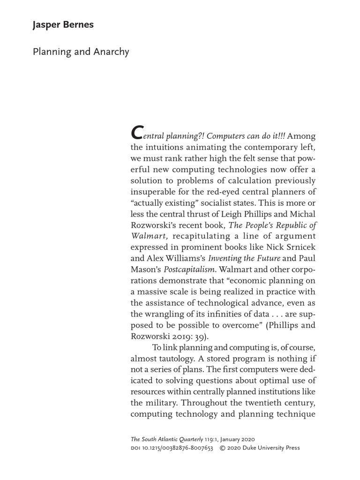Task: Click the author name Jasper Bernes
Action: click(x=63, y=25)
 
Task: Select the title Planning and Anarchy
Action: click(x=81, y=52)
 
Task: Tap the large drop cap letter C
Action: click(x=136, y=133)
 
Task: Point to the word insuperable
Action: click(x=154, y=192)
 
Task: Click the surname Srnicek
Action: click(x=299, y=247)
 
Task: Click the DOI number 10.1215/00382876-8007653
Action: click(x=178, y=448)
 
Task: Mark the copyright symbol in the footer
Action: click(x=222, y=448)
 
